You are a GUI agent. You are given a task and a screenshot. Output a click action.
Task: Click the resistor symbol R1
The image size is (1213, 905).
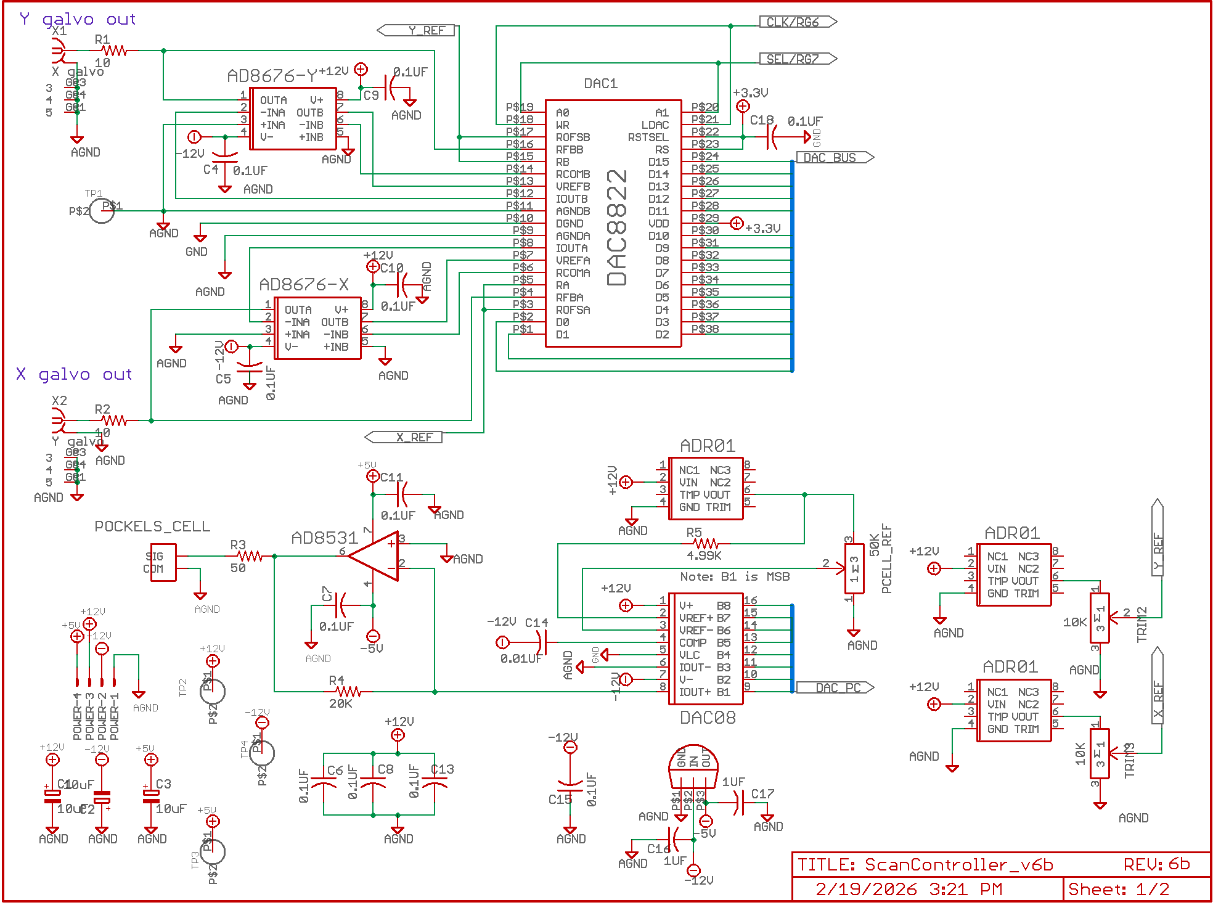[x=114, y=51]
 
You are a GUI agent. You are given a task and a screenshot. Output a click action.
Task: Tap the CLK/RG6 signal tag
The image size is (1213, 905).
[x=798, y=22]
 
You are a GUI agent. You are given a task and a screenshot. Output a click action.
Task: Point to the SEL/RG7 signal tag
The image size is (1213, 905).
[x=798, y=59]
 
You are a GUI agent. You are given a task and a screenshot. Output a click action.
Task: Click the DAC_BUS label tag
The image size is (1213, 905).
[x=835, y=158]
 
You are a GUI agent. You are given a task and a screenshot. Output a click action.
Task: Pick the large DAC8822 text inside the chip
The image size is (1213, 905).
[x=617, y=228]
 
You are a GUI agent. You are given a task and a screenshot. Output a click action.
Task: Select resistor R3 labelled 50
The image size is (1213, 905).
[x=250, y=556]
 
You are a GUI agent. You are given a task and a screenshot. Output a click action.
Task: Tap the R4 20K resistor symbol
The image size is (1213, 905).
[x=348, y=692]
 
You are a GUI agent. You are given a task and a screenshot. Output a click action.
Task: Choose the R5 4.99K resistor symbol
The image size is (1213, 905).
[x=706, y=544]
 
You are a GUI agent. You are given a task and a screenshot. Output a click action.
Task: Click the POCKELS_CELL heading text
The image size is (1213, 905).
[x=152, y=526]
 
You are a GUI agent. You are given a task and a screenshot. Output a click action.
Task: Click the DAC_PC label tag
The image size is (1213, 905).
[x=835, y=688]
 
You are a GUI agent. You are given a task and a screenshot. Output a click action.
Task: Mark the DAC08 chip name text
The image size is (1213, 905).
[x=708, y=718]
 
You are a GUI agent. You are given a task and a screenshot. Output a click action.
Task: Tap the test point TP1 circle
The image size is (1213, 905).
[x=102, y=211]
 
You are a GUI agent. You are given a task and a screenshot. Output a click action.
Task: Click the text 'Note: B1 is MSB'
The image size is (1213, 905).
[x=735, y=576]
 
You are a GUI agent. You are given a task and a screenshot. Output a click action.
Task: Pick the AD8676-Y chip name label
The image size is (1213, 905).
[x=272, y=76]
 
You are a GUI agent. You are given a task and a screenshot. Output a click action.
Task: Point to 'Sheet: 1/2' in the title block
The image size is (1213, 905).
[x=1118, y=889]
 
